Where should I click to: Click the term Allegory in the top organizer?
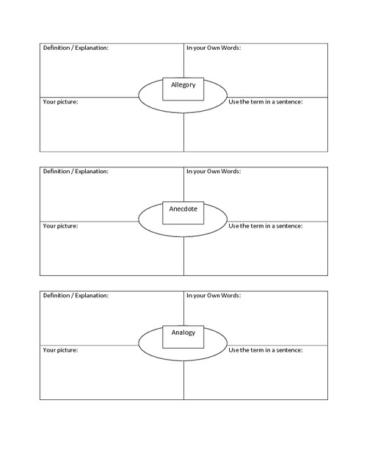pyautogui.click(x=183, y=85)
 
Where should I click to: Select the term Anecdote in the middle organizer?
pyautogui.click(x=183, y=209)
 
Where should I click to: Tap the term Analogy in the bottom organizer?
pyautogui.click(x=183, y=333)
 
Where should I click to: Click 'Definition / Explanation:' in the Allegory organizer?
pyautogui.click(x=76, y=48)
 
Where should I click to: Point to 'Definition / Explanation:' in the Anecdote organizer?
pyautogui.click(x=76, y=172)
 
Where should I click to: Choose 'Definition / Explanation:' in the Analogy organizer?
pyautogui.click(x=76, y=295)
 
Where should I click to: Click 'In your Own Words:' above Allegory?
pyautogui.click(x=214, y=48)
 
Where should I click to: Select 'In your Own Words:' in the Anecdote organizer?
pyautogui.click(x=214, y=172)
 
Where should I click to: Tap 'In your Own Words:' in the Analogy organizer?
pyautogui.click(x=214, y=295)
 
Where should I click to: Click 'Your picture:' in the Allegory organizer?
pyautogui.click(x=61, y=102)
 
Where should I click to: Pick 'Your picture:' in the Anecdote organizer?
pyautogui.click(x=61, y=226)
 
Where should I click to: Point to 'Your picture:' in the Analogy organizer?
pyautogui.click(x=61, y=350)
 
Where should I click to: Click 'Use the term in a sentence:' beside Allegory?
pyautogui.click(x=266, y=102)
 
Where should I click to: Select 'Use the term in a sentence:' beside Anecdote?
pyautogui.click(x=266, y=226)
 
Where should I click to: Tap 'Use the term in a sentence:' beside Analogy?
pyautogui.click(x=266, y=350)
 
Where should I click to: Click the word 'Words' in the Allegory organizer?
pyautogui.click(x=230, y=48)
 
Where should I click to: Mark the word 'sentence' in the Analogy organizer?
pyautogui.click(x=289, y=350)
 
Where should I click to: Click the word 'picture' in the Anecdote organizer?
pyautogui.click(x=67, y=226)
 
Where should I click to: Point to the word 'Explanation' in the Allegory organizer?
pyautogui.click(x=91, y=48)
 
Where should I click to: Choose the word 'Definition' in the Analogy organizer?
pyautogui.click(x=57, y=295)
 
